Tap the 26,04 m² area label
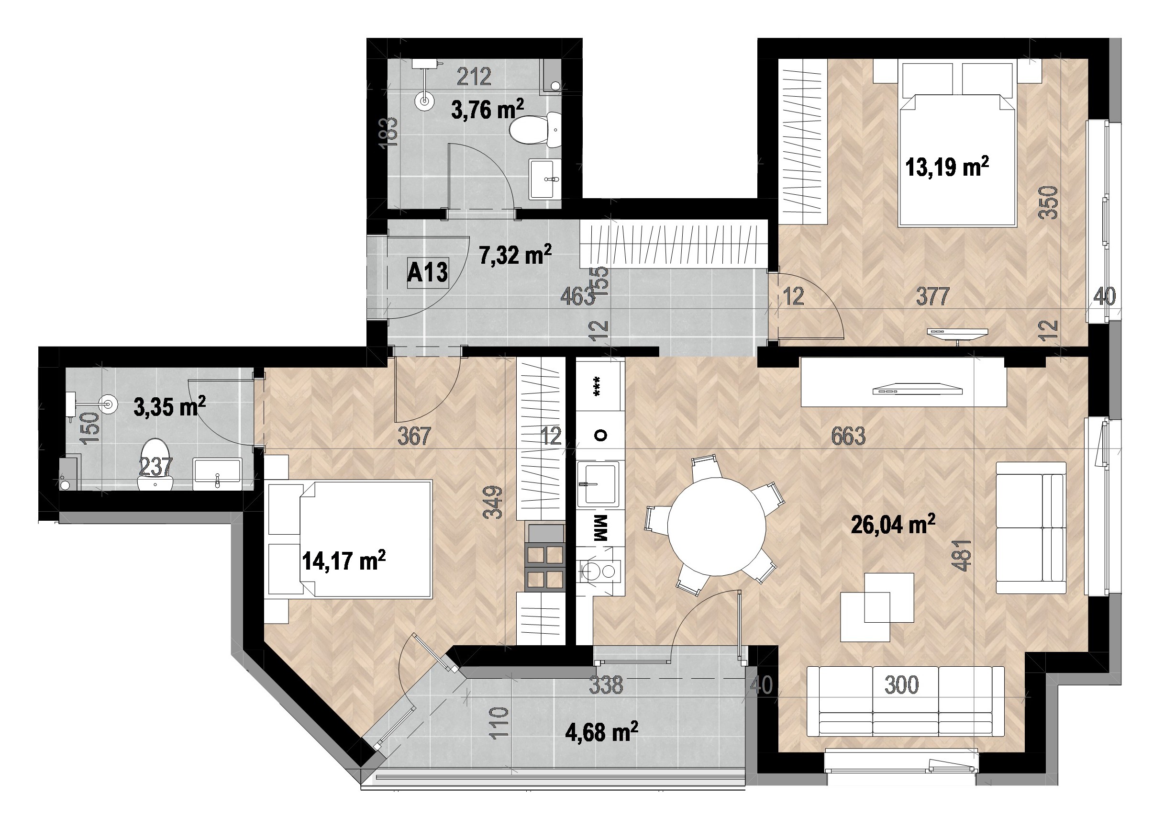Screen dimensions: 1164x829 pos(893,524)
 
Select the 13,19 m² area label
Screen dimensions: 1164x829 pos(947,167)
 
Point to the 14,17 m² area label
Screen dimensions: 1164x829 pos(344,560)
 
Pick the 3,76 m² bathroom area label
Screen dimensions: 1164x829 pos(488,109)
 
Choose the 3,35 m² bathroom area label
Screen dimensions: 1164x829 pos(170,407)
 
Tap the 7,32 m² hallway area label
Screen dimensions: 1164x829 pos(515,254)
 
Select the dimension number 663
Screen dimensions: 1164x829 pos(848,436)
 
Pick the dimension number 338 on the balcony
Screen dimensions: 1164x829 pos(606,685)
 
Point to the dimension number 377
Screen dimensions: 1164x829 pos(933,296)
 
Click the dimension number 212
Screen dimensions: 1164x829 pos(474,77)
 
